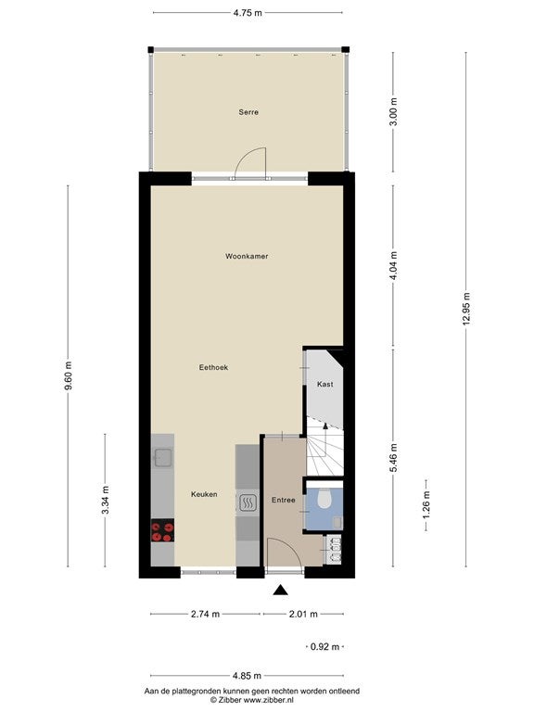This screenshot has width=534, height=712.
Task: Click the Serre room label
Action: pyautogui.click(x=248, y=112)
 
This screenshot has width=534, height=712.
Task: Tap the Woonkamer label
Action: pyautogui.click(x=247, y=256)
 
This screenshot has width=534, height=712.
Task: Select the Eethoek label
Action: pyautogui.click(x=213, y=367)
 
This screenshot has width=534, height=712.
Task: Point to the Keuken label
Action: pyautogui.click(x=204, y=494)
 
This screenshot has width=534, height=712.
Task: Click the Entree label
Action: pyautogui.click(x=284, y=500)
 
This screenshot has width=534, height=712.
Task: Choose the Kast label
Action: pyautogui.click(x=324, y=384)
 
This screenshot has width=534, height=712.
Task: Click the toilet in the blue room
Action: pyautogui.click(x=324, y=498)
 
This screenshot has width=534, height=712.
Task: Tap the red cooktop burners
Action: pyautogui.click(x=162, y=531)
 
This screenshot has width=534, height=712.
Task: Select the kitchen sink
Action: pyautogui.click(x=162, y=458)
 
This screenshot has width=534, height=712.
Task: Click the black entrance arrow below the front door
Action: pyautogui.click(x=281, y=590)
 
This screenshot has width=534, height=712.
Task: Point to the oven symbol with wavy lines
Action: pyautogui.click(x=248, y=502)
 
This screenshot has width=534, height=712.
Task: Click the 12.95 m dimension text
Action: pyautogui.click(x=466, y=310)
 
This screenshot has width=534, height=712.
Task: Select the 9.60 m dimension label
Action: pyautogui.click(x=68, y=376)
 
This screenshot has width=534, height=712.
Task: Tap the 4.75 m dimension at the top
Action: pyautogui.click(x=248, y=13)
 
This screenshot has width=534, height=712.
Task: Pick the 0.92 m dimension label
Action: pyautogui.click(x=324, y=646)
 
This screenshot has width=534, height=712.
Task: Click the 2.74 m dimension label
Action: pyautogui.click(x=205, y=614)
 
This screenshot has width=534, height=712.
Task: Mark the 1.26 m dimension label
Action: pyautogui.click(x=426, y=505)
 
